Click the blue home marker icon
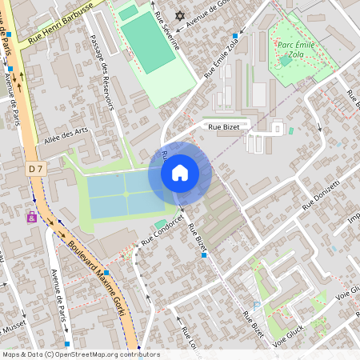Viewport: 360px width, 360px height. (180, 173)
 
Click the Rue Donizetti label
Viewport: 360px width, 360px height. (321, 195)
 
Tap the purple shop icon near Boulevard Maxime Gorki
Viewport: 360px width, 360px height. (32, 216)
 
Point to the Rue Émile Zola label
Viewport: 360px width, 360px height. (222, 58)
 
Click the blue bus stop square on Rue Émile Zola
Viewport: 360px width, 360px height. (235, 36)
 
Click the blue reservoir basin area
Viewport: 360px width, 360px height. (120, 194)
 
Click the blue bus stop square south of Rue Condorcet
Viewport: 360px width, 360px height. (206, 255)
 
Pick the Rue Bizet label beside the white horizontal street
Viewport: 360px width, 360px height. (225, 126)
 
